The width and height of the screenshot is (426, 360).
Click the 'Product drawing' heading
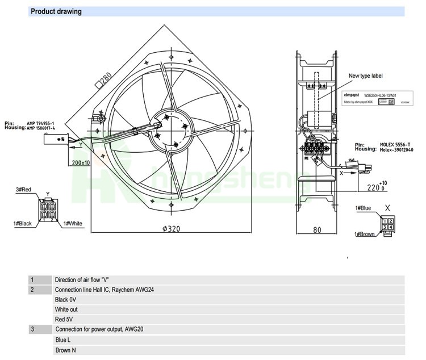pyautogui.click(x=56, y=11)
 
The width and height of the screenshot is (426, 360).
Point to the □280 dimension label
pyautogui.click(x=102, y=81)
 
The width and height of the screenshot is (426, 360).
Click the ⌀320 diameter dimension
pyautogui.click(x=170, y=229)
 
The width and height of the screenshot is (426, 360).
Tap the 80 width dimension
pyautogui.click(x=318, y=230)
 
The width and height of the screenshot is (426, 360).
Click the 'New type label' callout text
pyautogui.click(x=366, y=76)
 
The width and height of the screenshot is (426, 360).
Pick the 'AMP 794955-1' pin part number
pyautogui.click(x=42, y=123)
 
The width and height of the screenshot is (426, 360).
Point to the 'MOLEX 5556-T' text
pyautogui.click(x=396, y=144)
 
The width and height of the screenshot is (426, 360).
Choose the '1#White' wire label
pyautogui.click(x=72, y=223)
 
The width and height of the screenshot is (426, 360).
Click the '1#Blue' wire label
pyautogui.click(x=363, y=208)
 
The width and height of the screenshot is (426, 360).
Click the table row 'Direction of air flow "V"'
pyautogui.click(x=81, y=280)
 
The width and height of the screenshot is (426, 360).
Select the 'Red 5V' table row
pyautogui.click(x=66, y=320)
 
